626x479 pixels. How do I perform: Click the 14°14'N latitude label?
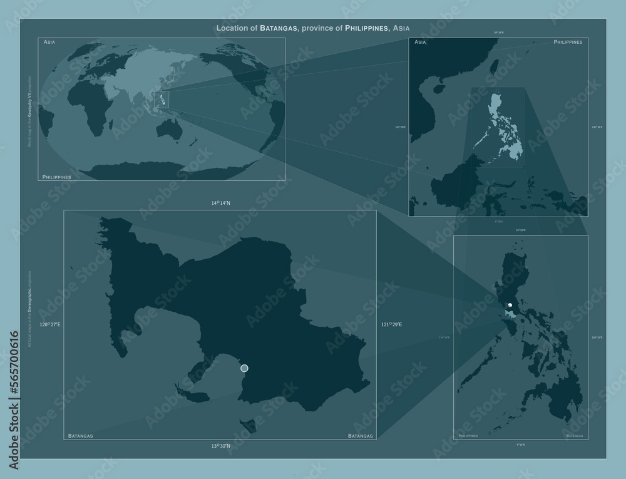click(x=220, y=203)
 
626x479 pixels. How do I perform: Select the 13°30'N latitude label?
click(x=220, y=446)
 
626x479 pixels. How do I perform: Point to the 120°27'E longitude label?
click(x=50, y=325)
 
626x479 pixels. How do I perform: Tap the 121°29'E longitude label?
click(x=391, y=325)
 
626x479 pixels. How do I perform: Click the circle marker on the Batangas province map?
click(x=244, y=368)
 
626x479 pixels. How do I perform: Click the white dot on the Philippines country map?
click(x=510, y=305)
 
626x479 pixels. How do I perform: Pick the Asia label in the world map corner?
click(x=49, y=41)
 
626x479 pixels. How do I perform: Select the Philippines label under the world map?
click(x=56, y=177)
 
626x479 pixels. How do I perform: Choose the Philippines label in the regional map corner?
click(x=568, y=41)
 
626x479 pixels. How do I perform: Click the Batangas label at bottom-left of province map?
click(x=80, y=435)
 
